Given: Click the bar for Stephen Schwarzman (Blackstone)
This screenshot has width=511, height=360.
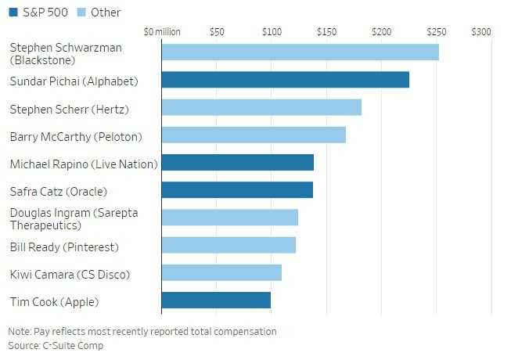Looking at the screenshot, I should tap(300, 52).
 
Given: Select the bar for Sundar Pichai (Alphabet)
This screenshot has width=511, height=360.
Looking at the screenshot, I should tap(285, 80).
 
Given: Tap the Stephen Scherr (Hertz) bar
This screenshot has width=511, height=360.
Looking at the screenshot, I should tap(261, 107).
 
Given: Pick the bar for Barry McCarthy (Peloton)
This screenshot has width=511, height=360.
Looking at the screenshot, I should tap(254, 135).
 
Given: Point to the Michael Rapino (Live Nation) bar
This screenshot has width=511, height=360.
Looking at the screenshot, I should tap(237, 163).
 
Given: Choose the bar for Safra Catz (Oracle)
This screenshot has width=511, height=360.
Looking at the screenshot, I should tap(237, 190).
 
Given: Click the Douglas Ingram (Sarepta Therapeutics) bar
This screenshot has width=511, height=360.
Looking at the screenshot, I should tap(229, 218).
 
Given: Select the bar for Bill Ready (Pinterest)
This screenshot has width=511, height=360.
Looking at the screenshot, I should tap(229, 245).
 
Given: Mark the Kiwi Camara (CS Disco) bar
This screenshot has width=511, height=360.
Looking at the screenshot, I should tap(221, 272).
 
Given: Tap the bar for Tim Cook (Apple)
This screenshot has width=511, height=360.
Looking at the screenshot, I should tap(216, 301).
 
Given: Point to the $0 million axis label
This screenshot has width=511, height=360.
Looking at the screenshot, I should tap(162, 32).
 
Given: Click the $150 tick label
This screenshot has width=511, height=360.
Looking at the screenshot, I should tap(326, 32).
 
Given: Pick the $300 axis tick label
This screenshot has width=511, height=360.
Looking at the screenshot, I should tap(481, 32).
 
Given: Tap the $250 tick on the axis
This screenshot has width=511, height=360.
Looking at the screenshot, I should tap(436, 32).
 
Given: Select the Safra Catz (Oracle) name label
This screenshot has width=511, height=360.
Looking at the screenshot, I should tap(58, 191).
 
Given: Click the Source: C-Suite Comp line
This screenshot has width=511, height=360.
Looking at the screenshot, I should tap(56, 345).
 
